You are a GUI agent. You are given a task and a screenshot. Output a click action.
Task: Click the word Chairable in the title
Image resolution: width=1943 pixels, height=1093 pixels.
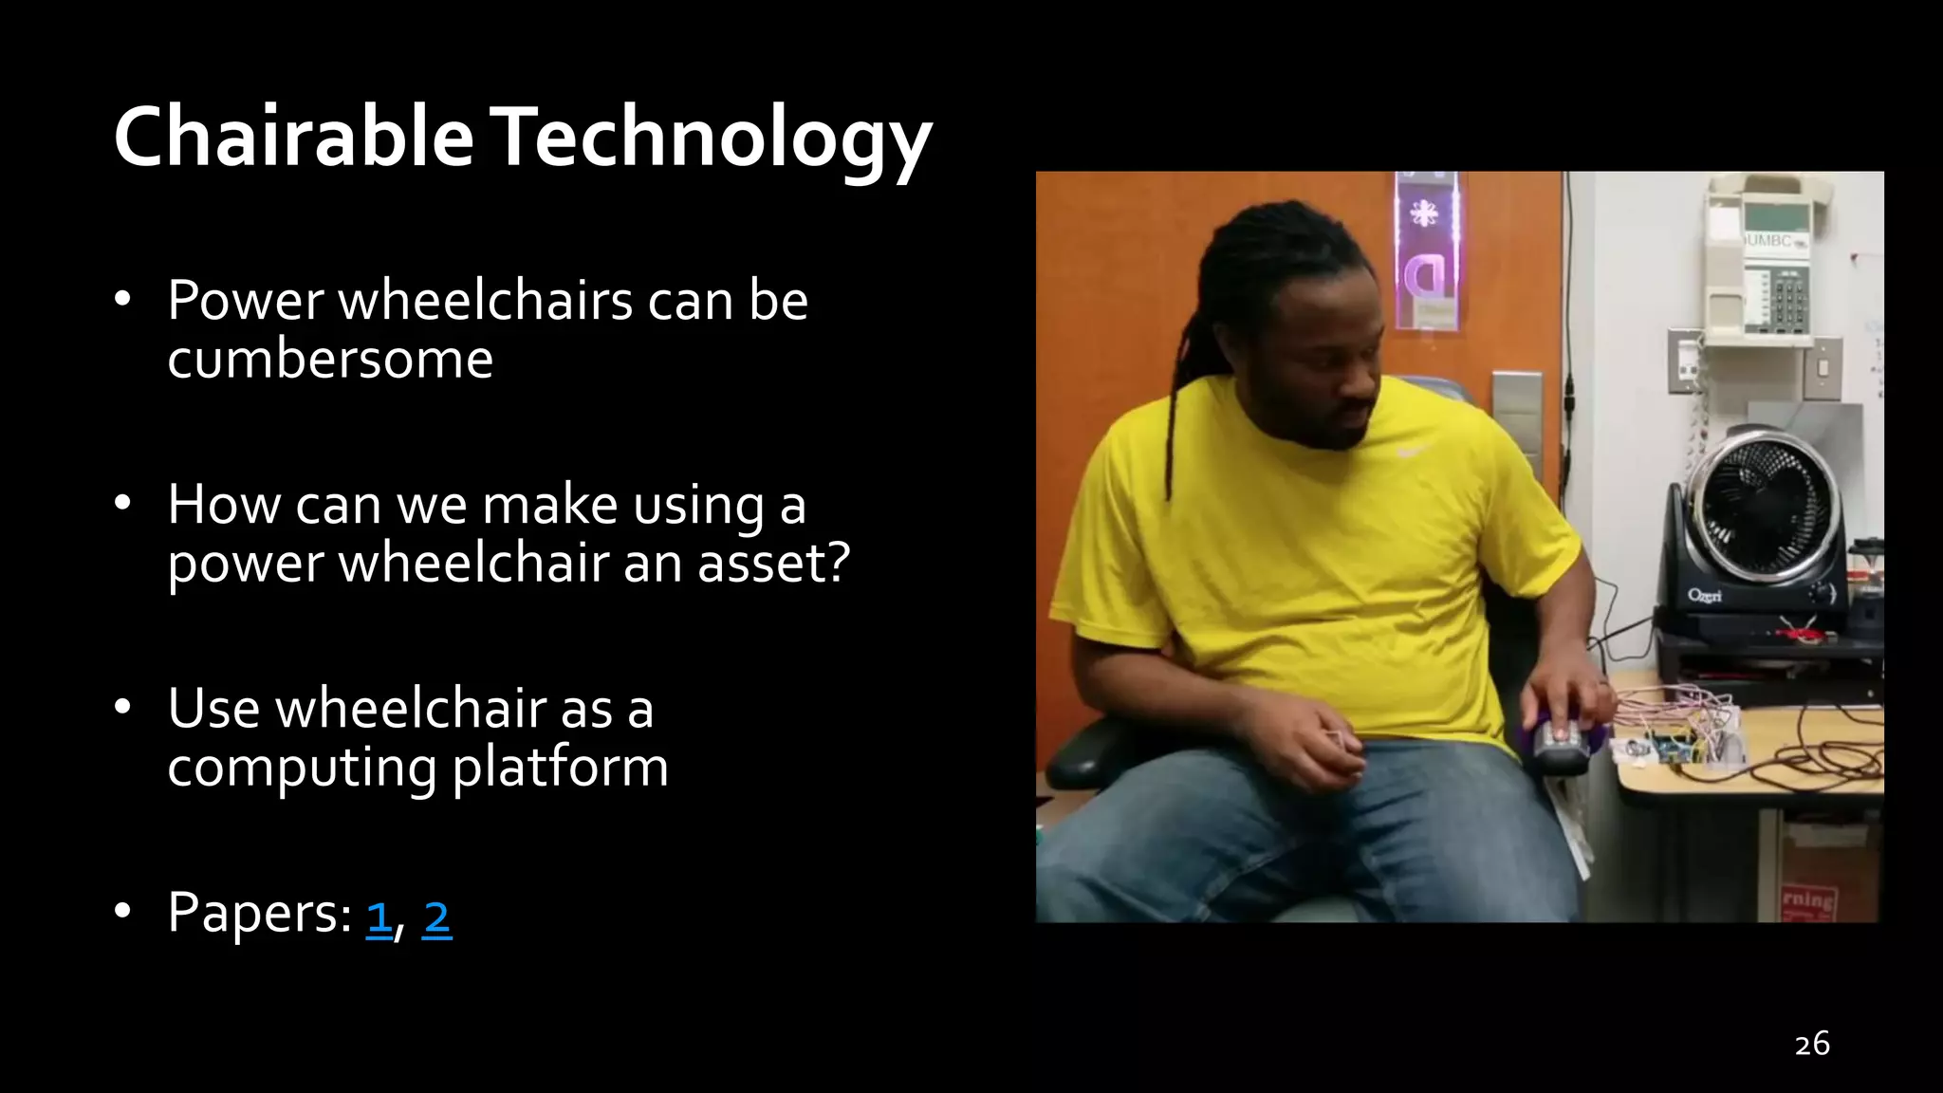293,138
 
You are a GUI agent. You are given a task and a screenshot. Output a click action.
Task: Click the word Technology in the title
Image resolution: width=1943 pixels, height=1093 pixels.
713,138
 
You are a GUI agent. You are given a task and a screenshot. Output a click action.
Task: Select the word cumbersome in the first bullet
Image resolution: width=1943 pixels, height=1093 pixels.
330,360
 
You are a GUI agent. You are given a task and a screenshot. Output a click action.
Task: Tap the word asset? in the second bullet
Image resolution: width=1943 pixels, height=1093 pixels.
774,563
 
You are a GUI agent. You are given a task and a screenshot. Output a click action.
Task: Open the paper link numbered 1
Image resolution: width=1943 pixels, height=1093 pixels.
379,917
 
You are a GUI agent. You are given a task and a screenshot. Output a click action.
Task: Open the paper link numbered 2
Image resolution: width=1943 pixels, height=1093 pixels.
436,917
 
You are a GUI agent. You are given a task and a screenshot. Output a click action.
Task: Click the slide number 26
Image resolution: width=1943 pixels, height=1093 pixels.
1811,1044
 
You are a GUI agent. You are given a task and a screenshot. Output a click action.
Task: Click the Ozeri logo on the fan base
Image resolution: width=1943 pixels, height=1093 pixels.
1705,596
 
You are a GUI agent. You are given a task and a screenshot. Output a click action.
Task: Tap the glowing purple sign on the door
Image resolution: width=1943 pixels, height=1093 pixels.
1425,251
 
